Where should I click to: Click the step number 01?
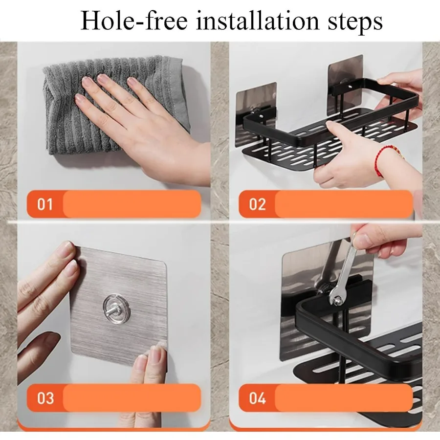(x=45, y=204)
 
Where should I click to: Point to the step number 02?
(x=257, y=204)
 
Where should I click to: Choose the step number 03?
(x=45, y=398)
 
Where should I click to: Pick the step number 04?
(x=257, y=398)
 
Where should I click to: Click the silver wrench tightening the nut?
(x=344, y=272)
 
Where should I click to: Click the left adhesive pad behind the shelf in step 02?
(x=256, y=112)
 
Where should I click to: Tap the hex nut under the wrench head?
(x=337, y=301)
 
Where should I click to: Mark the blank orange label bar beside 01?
(x=132, y=204)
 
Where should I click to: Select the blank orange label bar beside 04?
(x=344, y=398)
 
